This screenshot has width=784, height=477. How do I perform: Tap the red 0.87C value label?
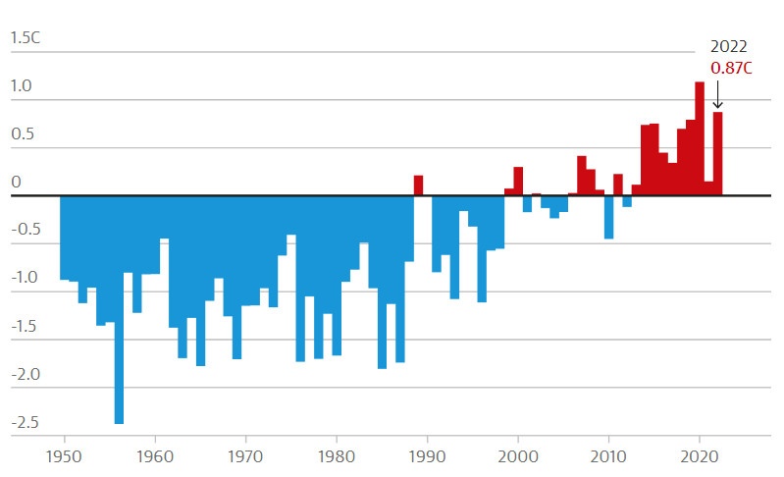click(731, 69)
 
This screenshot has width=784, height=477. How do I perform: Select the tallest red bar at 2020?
click(700, 137)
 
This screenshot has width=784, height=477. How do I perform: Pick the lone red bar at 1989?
click(418, 185)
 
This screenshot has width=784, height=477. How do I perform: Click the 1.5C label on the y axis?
click(26, 38)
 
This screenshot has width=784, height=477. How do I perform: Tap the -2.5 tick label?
click(24, 423)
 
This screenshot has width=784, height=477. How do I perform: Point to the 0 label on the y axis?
click(16, 183)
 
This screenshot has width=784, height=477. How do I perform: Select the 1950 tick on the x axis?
click(64, 456)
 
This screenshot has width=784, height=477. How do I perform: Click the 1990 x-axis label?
click(427, 456)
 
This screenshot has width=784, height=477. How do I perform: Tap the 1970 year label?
click(245, 456)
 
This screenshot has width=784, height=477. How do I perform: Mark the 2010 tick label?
click(608, 456)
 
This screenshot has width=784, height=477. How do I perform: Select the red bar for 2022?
click(717, 154)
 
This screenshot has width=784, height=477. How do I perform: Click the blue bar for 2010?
click(608, 217)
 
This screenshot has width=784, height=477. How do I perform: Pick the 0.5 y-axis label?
click(22, 134)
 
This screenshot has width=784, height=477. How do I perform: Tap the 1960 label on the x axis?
click(155, 456)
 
